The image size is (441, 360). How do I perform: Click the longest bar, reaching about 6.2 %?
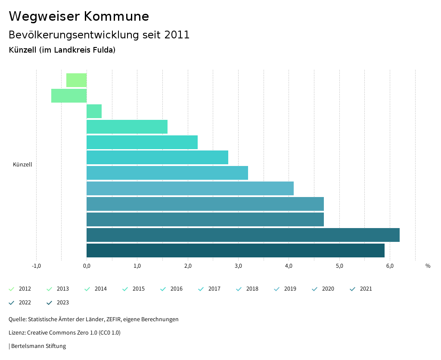point(243,235)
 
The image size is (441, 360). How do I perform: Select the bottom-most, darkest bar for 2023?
point(236,250)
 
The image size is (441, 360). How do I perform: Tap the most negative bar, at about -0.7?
point(69,96)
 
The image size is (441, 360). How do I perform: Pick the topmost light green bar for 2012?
point(77,80)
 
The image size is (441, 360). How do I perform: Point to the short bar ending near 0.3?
point(94,111)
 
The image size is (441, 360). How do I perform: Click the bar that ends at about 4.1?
point(190,188)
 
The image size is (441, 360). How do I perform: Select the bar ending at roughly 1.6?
point(127,127)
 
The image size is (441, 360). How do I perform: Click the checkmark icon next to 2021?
point(353,289)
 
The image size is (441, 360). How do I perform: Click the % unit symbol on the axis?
point(428,266)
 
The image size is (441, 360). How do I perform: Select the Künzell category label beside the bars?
point(22,165)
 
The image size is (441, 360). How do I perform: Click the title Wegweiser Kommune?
point(79,16)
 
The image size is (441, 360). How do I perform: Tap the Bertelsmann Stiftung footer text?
point(38,346)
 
